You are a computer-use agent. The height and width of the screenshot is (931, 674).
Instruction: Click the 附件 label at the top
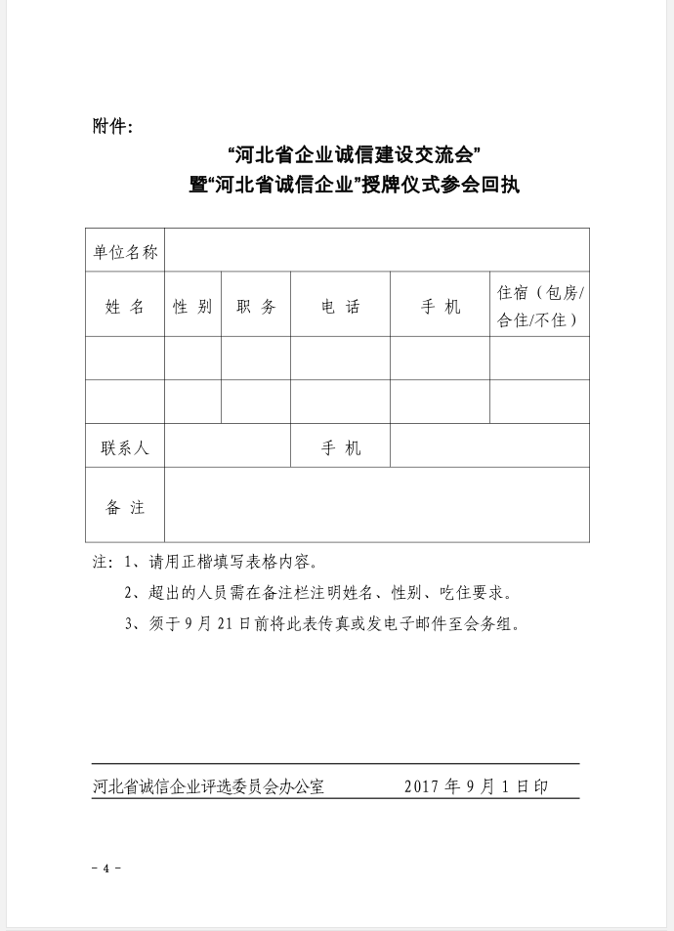pyautogui.click(x=111, y=126)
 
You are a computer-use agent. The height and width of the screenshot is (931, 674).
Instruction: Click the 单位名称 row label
pyautogui.click(x=125, y=251)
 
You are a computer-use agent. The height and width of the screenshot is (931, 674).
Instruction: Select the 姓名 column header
pyautogui.click(x=125, y=306)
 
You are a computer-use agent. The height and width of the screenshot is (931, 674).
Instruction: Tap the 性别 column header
pyautogui.click(x=192, y=306)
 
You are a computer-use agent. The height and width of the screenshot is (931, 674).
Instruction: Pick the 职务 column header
pyautogui.click(x=256, y=306)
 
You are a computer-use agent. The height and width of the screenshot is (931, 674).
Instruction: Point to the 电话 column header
pyautogui.click(x=341, y=306)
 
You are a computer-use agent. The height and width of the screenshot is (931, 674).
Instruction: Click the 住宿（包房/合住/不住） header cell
pyautogui.click(x=539, y=306)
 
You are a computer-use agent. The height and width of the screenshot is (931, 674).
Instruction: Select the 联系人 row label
pyautogui.click(x=125, y=447)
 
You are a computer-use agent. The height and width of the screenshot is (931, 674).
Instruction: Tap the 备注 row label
pyautogui.click(x=125, y=507)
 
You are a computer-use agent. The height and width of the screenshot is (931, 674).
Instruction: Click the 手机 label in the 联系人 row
pyautogui.click(x=341, y=447)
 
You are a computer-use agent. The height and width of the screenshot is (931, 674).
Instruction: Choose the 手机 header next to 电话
pyautogui.click(x=441, y=306)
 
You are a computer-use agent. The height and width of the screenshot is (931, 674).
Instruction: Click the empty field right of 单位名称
pyautogui.click(x=377, y=251)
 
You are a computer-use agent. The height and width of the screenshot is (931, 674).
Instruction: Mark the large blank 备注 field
pyautogui.click(x=377, y=505)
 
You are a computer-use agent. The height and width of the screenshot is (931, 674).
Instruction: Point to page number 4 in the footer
pyautogui.click(x=105, y=868)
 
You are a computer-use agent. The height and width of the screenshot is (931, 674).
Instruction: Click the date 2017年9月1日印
pyautogui.click(x=476, y=785)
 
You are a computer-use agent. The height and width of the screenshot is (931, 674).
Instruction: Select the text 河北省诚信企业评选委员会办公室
pyautogui.click(x=208, y=785)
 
